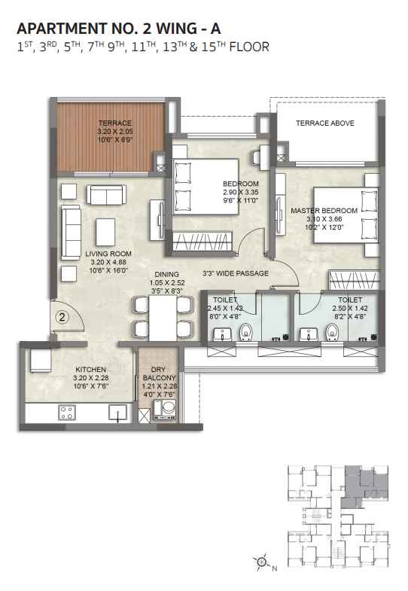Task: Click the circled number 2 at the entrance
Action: (62, 317)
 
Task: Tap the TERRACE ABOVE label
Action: (324, 123)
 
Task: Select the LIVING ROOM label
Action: (108, 254)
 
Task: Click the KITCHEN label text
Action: (91, 370)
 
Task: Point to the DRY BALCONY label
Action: (160, 373)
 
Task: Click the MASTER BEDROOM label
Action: (324, 211)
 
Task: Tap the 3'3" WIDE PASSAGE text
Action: (236, 273)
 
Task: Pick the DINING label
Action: (167, 274)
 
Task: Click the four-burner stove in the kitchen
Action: (67, 413)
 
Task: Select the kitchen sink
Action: (117, 413)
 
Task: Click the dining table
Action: (163, 318)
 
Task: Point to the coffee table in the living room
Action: (105, 232)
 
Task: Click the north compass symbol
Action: (262, 562)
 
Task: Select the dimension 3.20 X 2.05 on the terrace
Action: (115, 132)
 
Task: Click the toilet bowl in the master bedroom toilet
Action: (332, 332)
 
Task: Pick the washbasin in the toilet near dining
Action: (222, 334)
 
